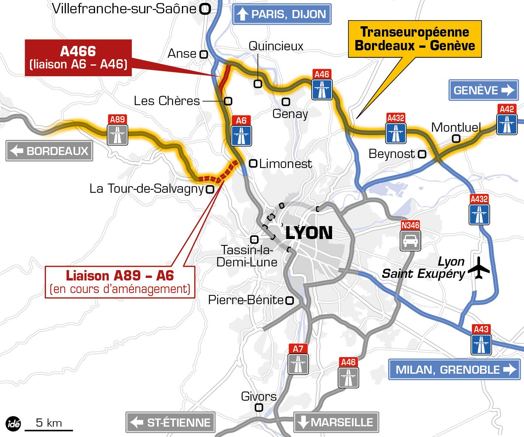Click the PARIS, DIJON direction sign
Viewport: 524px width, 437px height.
tap(281, 14)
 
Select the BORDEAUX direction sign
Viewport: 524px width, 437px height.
tap(49, 151)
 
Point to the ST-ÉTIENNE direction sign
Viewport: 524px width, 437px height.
tap(170, 422)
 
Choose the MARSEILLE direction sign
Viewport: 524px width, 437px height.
tap(336, 422)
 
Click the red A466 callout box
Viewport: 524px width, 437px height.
tap(78, 57)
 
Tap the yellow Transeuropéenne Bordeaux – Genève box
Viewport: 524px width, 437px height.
tap(415, 39)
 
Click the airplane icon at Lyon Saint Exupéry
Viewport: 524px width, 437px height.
tap(479, 267)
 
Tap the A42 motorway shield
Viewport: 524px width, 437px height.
tap(507, 120)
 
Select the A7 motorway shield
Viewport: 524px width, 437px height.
tap(298, 359)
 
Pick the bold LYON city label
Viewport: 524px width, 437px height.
tap(309, 233)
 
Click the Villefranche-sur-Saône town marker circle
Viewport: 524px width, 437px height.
tap(205, 9)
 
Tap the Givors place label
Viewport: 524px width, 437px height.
tap(258, 397)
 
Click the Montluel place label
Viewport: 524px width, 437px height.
tap(456, 128)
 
